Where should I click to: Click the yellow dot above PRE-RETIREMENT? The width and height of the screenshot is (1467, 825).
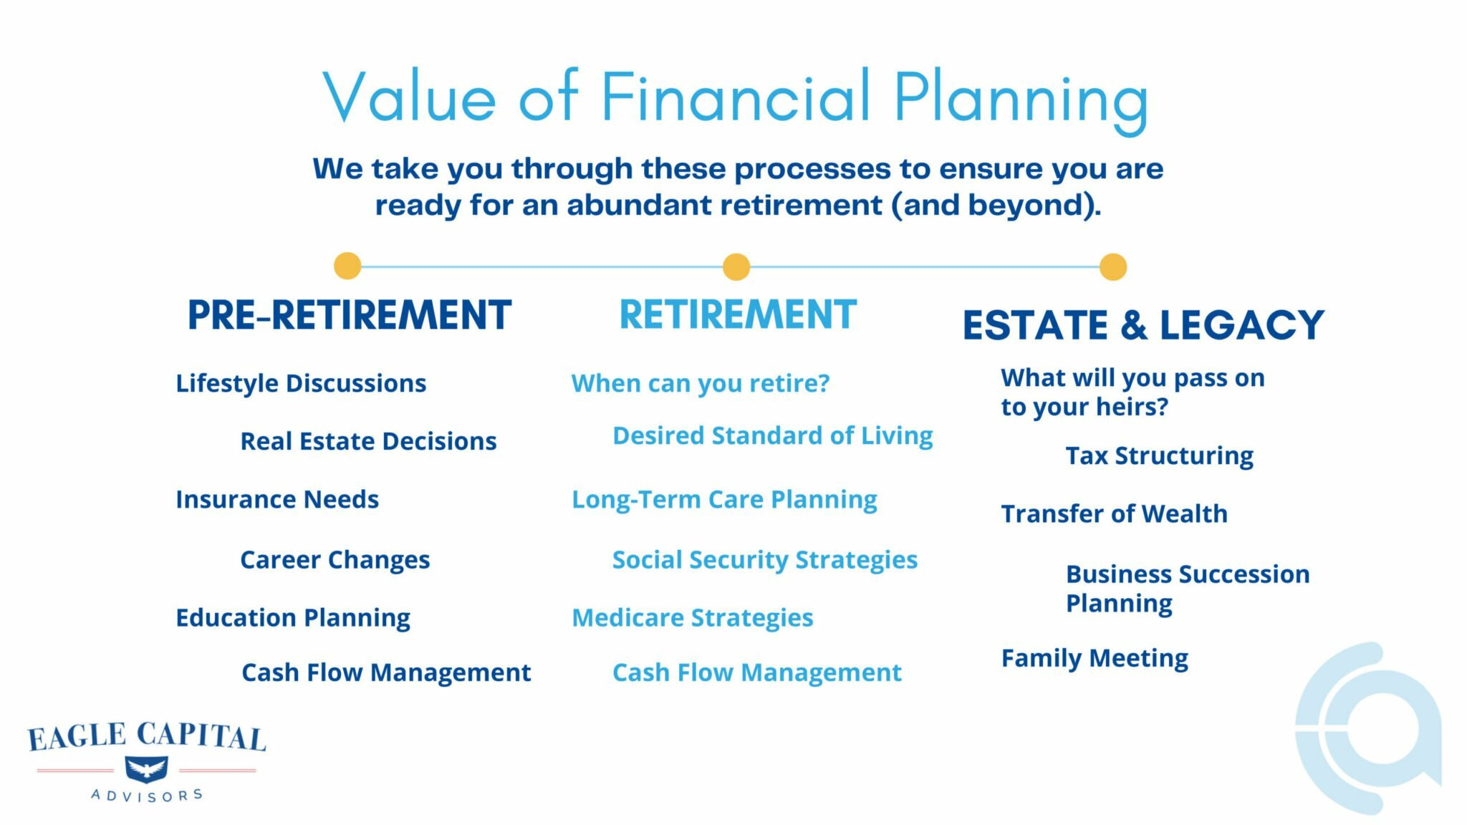pos(347,266)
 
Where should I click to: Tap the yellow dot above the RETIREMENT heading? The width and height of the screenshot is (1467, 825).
pos(736,266)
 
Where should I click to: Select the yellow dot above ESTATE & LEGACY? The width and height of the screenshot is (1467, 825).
pos(1112,266)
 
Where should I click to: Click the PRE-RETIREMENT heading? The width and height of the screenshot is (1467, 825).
pos(349,315)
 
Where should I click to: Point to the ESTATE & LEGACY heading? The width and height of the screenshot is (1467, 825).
pos(1143,324)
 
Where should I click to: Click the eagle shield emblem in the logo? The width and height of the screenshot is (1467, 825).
pos(146,770)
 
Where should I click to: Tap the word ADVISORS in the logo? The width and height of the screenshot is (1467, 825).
pos(147,795)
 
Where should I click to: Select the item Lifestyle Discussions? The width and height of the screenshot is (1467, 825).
pos(301,383)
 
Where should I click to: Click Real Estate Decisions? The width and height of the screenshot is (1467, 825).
pos(368,441)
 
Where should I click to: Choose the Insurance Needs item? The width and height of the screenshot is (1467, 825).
pos(277,499)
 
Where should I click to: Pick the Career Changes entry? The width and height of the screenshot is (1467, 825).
pos(335,559)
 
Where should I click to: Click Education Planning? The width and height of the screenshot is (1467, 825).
pos(293,617)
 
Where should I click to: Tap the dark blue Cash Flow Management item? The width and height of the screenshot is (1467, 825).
pos(386,672)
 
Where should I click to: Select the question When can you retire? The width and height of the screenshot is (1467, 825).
pos(700,383)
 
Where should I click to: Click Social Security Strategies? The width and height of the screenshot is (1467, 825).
pos(764,559)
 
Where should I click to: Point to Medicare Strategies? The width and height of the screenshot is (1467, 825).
pos(692,617)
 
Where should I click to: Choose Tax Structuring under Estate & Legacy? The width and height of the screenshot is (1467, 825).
pos(1159,455)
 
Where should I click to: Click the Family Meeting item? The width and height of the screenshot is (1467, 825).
pos(1095,658)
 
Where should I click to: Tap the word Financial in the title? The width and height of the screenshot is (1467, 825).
pos(735,97)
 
